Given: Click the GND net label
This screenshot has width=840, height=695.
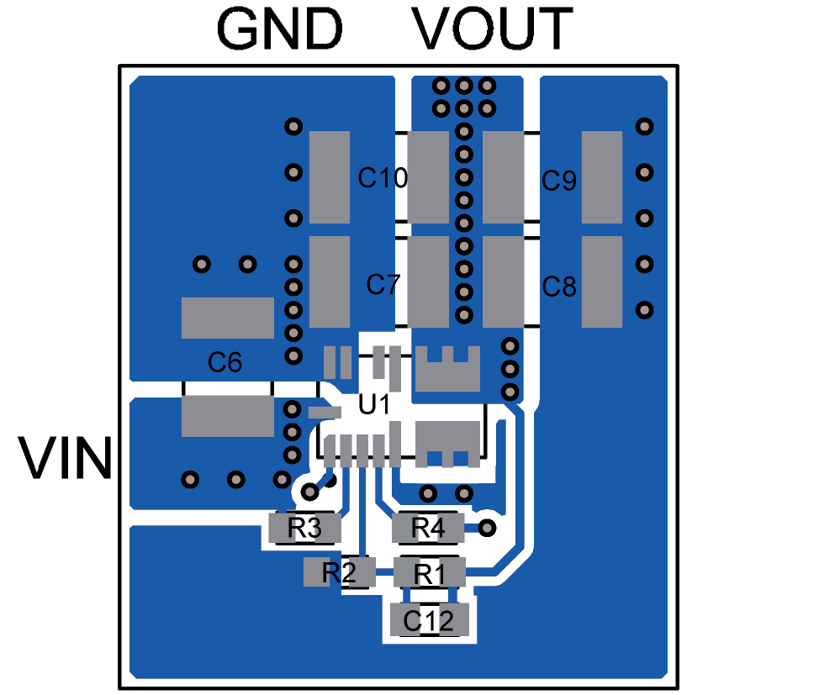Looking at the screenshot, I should (x=280, y=29).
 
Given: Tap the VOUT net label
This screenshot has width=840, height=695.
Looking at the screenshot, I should (x=493, y=29).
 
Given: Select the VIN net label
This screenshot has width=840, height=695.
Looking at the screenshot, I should (x=66, y=458).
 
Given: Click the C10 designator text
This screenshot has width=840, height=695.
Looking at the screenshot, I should (x=383, y=178).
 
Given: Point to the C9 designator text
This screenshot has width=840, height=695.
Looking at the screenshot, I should (x=559, y=180).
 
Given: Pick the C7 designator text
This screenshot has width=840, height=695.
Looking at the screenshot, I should (x=383, y=285).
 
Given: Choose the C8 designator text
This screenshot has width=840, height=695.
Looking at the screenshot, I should (x=559, y=287).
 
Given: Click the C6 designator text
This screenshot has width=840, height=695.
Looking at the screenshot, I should (x=225, y=363).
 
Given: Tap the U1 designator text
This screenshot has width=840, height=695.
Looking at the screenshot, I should (x=374, y=405).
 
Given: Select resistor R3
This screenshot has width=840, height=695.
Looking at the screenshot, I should (x=304, y=529).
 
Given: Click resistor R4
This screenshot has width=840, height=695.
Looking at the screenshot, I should (x=428, y=529).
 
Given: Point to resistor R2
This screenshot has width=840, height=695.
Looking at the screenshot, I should (x=338, y=573).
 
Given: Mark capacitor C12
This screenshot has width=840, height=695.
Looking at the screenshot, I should (x=429, y=621).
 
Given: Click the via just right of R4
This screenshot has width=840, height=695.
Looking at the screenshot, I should (x=486, y=528).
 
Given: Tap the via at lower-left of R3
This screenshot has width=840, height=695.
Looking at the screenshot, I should (x=310, y=491).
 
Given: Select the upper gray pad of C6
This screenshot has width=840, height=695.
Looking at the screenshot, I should (x=228, y=318).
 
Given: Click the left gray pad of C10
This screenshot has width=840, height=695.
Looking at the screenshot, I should (x=329, y=177).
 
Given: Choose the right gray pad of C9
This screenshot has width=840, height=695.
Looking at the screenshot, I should (x=601, y=177).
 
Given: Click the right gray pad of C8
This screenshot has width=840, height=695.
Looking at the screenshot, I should (x=601, y=282).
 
